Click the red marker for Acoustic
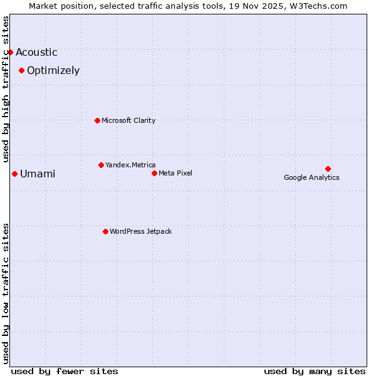coord(11,52)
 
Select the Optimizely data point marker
coord(21,70)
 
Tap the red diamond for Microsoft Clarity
coord(97,120)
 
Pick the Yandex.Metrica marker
coord(101,165)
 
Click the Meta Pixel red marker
coord(154,173)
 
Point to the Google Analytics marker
coord(328,169)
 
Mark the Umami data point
coord(14,174)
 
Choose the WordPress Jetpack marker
coord(105,231)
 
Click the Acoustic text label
coord(36,53)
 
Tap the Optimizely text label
coord(53,71)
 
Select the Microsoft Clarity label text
coord(128,120)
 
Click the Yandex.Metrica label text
coord(130,165)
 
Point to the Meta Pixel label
coord(175,173)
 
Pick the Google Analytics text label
coord(311,177)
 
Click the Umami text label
coord(38,174)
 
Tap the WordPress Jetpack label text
coord(140,231)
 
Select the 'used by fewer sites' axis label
coord(65,371)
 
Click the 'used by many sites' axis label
coord(315,371)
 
